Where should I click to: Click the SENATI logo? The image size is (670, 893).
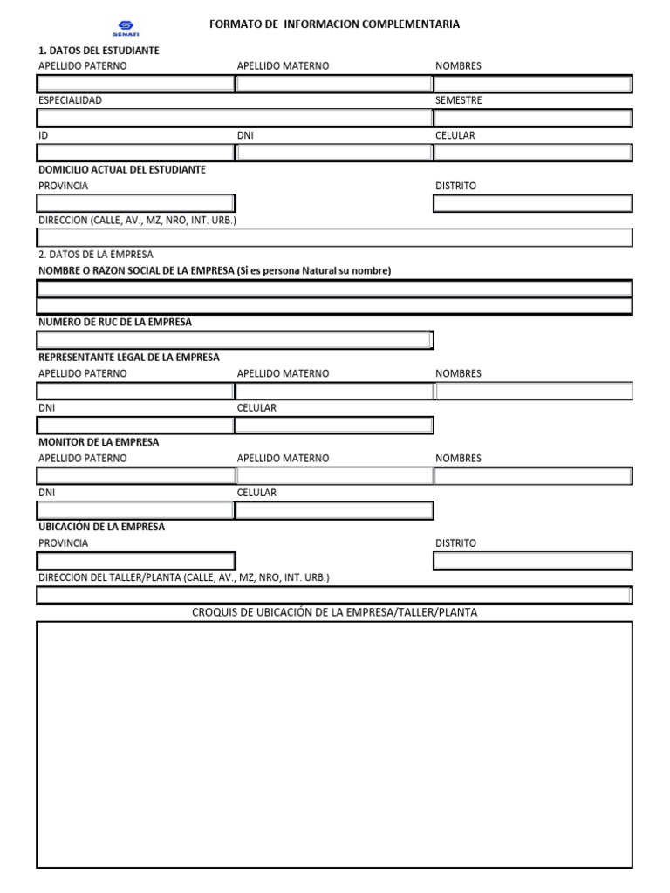click(126, 28)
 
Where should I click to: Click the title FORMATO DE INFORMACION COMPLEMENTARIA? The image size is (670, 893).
click(334, 24)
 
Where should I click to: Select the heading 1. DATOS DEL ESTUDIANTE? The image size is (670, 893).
click(99, 51)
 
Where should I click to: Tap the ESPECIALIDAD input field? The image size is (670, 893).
click(235, 118)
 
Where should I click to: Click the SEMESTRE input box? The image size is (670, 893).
click(533, 118)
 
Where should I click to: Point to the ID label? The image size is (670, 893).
click(44, 136)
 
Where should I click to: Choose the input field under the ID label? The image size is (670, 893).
click(135, 153)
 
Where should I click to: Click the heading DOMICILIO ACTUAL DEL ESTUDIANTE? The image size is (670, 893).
click(122, 169)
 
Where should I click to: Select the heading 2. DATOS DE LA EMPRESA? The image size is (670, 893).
click(96, 255)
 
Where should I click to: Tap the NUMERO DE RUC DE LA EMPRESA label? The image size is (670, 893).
click(115, 323)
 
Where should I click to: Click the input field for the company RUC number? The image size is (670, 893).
click(235, 340)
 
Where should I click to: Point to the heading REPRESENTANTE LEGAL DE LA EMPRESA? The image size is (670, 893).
click(129, 358)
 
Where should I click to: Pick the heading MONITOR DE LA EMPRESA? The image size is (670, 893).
click(99, 442)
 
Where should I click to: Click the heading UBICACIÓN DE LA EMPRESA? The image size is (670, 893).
click(101, 527)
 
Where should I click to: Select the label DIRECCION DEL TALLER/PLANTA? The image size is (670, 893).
click(184, 577)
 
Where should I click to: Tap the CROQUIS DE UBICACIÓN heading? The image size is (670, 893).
click(334, 612)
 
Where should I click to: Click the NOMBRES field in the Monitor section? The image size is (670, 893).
click(533, 476)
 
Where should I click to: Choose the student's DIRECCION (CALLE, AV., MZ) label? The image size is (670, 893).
click(137, 221)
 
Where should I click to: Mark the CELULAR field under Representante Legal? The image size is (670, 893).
click(334, 426)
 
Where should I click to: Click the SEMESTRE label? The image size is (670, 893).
click(459, 101)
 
